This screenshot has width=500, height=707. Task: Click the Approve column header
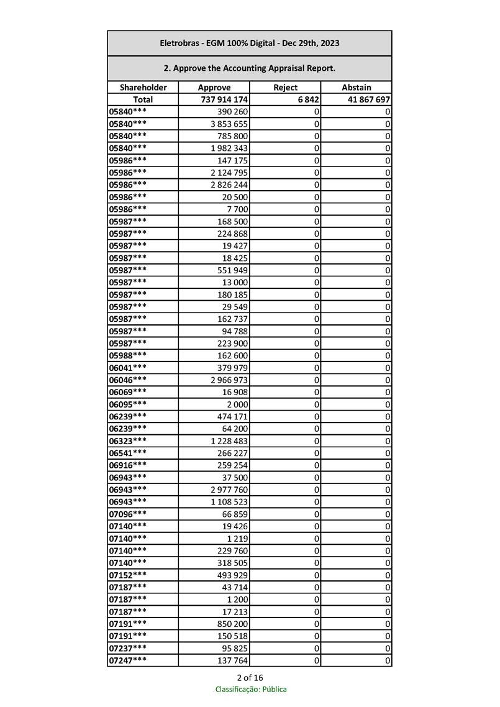tap(214, 88)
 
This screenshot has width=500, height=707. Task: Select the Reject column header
tap(285, 88)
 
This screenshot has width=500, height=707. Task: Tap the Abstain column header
tap(356, 88)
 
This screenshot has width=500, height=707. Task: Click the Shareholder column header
tap(143, 88)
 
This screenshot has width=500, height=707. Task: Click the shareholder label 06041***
tap(128, 367)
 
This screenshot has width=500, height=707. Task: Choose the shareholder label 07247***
tap(128, 660)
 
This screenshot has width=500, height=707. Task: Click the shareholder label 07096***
tap(128, 514)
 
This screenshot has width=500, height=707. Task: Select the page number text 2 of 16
tap(250, 677)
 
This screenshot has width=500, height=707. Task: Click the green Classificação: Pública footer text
tap(251, 689)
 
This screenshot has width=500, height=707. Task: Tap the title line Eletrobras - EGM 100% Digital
tap(249, 43)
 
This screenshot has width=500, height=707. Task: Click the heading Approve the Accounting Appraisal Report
tap(249, 68)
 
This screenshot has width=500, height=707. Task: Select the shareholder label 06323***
tap(128, 440)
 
